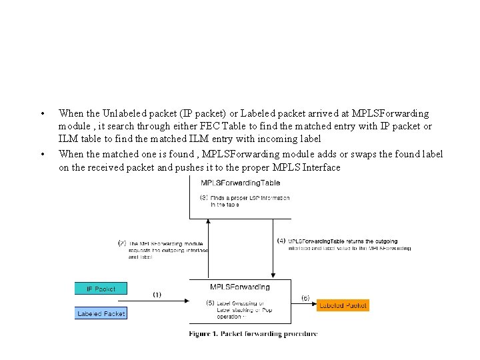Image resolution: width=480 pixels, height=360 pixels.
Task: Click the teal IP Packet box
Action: coord(101,289)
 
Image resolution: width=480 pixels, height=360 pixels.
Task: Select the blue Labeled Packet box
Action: coord(101,313)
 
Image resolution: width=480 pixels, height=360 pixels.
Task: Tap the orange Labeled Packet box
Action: coord(342,305)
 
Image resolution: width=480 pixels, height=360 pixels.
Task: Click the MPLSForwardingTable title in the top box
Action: coord(240,183)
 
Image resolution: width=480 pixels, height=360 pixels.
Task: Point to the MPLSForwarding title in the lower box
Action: coord(240,287)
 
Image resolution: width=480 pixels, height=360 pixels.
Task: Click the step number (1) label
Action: coord(157,294)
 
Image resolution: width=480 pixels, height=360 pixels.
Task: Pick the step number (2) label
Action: coord(122,244)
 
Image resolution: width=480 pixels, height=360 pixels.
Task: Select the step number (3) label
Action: coord(204,197)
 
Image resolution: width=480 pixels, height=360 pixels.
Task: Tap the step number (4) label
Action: coord(281,241)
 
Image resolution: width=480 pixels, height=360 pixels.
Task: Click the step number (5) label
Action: coord(211,303)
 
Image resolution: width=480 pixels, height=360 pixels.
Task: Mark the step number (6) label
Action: coord(305,297)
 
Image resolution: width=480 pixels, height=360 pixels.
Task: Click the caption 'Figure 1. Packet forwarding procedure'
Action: coord(253,333)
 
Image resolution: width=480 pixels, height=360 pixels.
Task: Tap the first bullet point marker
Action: coord(43,114)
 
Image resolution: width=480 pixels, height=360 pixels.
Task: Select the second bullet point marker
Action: coord(43,155)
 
